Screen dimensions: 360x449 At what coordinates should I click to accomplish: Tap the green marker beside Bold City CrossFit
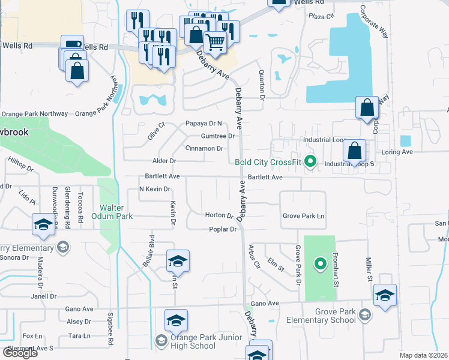click(310, 161)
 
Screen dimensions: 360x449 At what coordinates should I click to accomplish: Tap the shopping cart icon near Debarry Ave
click(215, 42)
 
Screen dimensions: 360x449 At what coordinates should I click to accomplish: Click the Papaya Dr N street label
click(203, 124)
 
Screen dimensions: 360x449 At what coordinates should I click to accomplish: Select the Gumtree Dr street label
click(217, 136)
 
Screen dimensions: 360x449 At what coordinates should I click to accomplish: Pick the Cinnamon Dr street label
click(204, 148)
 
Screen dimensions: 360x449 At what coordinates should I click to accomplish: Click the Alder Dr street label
click(164, 161)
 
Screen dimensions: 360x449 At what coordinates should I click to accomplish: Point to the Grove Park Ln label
click(303, 216)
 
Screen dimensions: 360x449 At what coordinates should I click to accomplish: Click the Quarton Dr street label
click(262, 84)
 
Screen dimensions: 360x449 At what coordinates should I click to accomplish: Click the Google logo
click(20, 353)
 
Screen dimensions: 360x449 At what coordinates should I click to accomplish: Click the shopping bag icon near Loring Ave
click(355, 149)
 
